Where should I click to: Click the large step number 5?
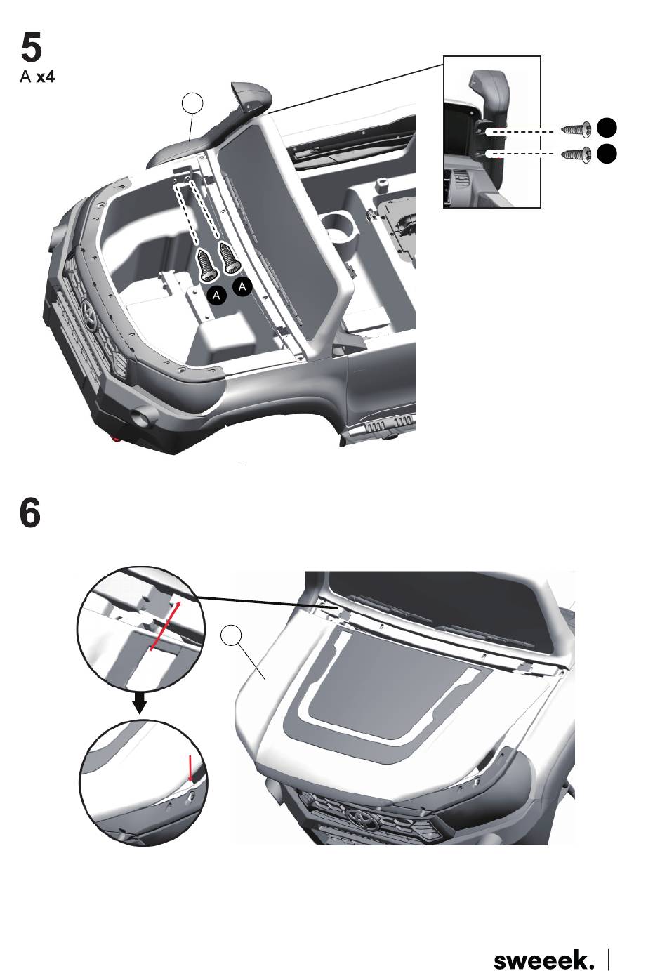31,48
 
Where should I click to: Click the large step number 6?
30,513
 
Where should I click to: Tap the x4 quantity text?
46,77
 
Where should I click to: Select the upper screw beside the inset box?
576,128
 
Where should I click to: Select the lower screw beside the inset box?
576,155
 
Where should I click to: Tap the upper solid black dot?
607,128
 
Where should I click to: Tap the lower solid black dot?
607,154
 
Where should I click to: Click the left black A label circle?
216,296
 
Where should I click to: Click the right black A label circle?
242,286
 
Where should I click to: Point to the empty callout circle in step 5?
192,103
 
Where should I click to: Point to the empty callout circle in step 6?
231,635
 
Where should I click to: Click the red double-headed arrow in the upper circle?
165,626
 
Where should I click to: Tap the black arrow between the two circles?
140,704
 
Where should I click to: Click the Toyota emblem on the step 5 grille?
89,309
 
